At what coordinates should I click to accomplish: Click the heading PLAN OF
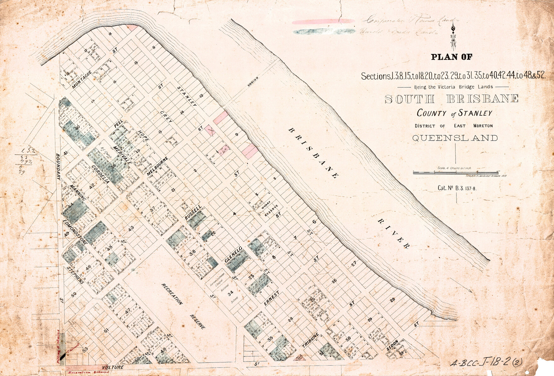coord(451,57)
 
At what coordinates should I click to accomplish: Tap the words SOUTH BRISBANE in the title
coord(451,99)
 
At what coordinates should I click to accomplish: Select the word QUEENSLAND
coord(455,138)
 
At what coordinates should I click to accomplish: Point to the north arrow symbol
coord(453,37)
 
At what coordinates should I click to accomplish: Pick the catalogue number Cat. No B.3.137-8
coord(457,188)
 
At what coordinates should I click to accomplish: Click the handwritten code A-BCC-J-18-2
coord(486,362)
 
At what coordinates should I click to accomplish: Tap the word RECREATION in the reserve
coord(172,294)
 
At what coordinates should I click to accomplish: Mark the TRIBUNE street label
coord(310,340)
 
